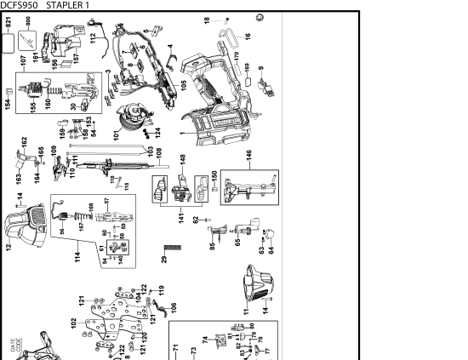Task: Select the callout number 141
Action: point(180,219)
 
